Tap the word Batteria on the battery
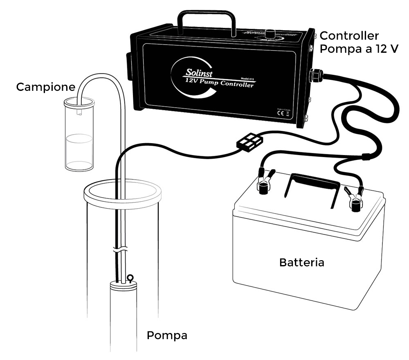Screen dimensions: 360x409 (301, 262)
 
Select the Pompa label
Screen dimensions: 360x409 (167, 336)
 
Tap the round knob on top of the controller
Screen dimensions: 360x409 (270, 34)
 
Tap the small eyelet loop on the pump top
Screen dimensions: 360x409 (130, 279)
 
